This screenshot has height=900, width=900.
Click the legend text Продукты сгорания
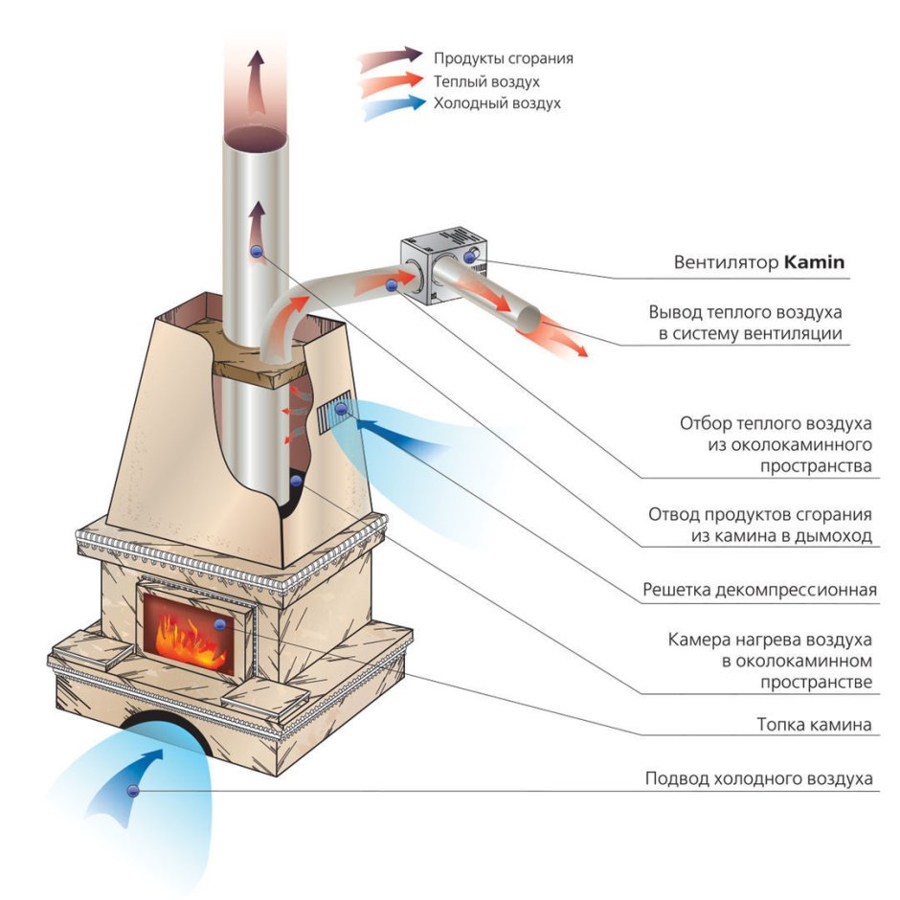pyautogui.click(x=504, y=58)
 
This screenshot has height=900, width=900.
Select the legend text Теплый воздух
pyautogui.click(x=486, y=81)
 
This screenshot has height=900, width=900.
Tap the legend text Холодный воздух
pyautogui.click(x=497, y=103)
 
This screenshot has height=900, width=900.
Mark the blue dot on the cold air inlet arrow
pyautogui.click(x=132, y=790)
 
